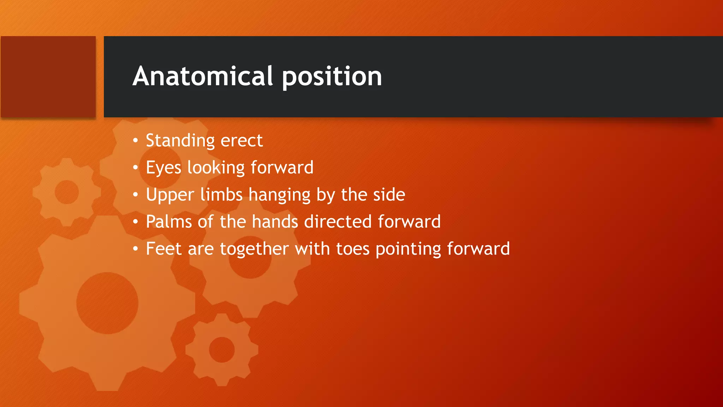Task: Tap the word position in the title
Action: pyautogui.click(x=332, y=77)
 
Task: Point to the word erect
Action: pyautogui.click(x=242, y=141)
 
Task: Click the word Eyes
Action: pyautogui.click(x=163, y=168)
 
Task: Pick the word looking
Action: pyautogui.click(x=216, y=168)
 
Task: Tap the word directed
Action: pyautogui.click(x=338, y=222)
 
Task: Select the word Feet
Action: pyautogui.click(x=164, y=249)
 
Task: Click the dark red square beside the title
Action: pyautogui.click(x=48, y=77)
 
